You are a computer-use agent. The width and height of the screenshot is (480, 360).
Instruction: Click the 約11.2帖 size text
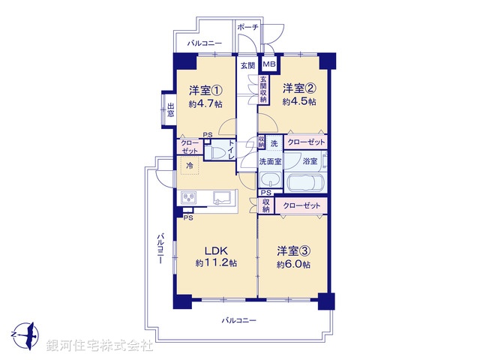[x=216, y=263]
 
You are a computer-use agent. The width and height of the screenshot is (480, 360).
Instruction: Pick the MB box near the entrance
[x=268, y=64]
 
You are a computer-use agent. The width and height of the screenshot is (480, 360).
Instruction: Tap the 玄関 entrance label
[x=247, y=65]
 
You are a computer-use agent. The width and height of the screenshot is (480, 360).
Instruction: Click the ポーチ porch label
[x=247, y=27]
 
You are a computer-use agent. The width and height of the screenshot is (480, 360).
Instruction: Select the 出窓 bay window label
[x=171, y=110]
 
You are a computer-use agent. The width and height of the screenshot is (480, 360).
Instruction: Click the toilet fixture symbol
[x=218, y=153]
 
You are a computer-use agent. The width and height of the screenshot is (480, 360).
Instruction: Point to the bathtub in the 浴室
[x=303, y=183]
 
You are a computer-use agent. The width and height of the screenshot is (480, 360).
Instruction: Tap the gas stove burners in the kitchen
[x=187, y=198]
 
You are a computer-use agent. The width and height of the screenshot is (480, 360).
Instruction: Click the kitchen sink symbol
[x=223, y=198]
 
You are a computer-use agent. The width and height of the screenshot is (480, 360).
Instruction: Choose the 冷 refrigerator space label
[x=190, y=165]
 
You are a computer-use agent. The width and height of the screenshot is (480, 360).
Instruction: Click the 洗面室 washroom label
[x=270, y=160]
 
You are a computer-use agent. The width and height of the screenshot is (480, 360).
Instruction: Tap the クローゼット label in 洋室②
[x=306, y=142]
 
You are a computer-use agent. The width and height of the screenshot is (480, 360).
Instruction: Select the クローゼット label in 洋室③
[x=301, y=205]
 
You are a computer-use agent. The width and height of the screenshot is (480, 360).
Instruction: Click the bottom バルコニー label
[x=239, y=320]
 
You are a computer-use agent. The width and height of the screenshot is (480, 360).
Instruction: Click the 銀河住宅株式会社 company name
[x=99, y=346]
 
